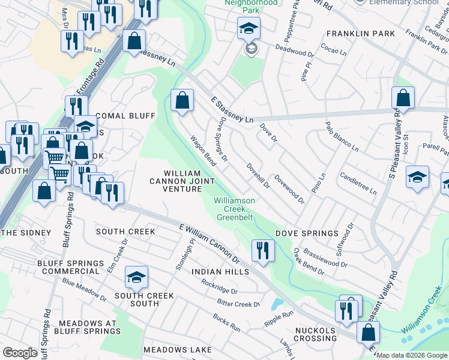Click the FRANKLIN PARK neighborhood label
point(361,34)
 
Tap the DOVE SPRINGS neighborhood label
point(307,233)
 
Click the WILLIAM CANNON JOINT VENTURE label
point(183,181)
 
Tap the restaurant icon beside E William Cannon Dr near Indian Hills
point(263,250)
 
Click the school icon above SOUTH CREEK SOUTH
point(136,277)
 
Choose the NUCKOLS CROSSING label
point(315,335)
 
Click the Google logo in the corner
point(20,353)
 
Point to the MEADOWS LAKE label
point(177,350)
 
